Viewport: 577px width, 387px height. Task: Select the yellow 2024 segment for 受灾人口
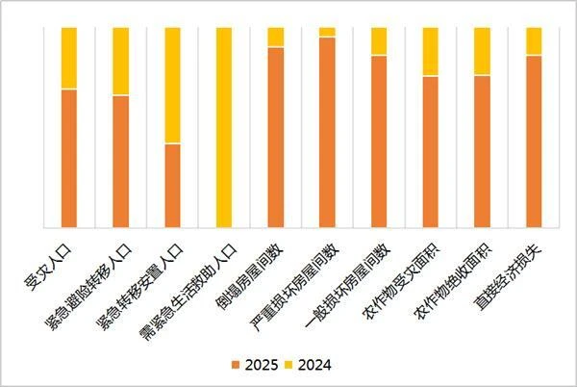(x=68, y=58)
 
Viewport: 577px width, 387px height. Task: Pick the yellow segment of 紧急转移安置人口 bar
(x=172, y=85)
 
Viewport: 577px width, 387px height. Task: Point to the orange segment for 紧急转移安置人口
(x=172, y=186)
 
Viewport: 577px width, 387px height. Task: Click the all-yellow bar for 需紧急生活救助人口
(x=224, y=127)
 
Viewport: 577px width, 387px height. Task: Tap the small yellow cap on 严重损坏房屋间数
(x=328, y=32)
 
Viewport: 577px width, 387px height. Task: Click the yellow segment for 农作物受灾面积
(x=431, y=51)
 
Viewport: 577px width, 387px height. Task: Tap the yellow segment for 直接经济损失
(x=535, y=41)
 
